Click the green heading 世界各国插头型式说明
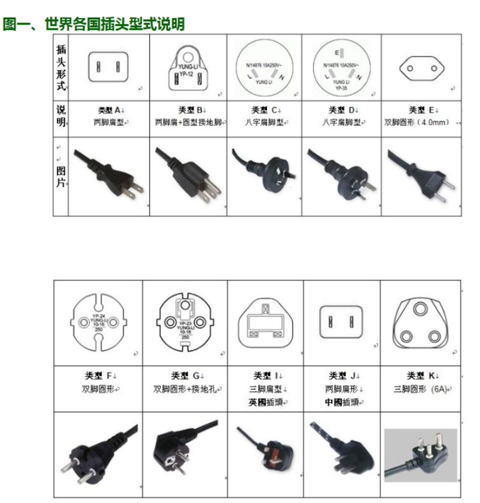[94, 24]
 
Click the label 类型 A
[110, 110]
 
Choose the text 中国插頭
[343, 403]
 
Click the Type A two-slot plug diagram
[109, 67]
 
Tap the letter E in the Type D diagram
[337, 53]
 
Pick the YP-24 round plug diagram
[98, 322]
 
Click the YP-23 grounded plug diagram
[185, 322]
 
